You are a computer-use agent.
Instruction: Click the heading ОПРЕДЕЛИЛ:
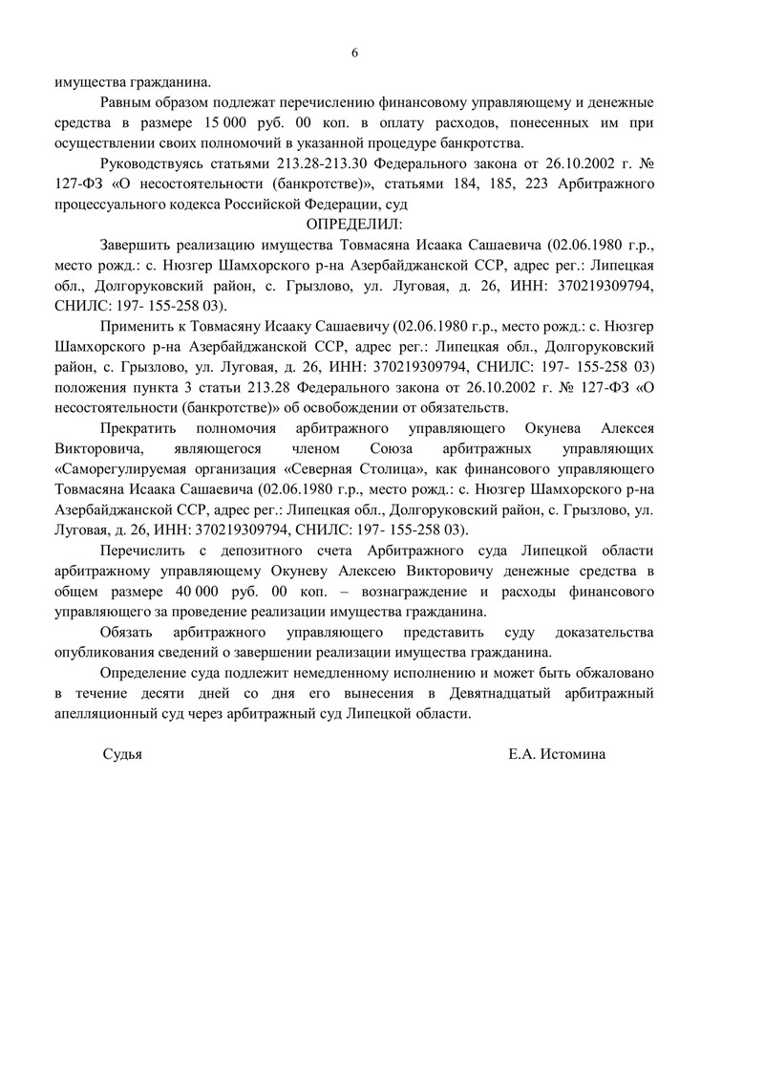pos(354,223)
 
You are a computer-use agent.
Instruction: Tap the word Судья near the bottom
pos(122,753)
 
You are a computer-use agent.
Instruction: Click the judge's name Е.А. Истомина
pos(557,753)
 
